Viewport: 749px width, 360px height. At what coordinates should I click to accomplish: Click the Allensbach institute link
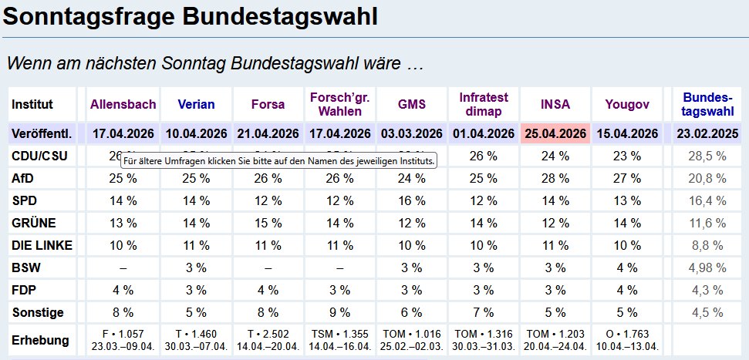[123, 104]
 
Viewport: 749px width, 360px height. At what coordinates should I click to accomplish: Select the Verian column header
[196, 104]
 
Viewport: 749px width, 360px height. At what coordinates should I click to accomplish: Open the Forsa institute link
[268, 104]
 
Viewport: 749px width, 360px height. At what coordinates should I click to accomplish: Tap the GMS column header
[412, 104]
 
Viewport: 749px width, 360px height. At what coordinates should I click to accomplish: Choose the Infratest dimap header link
[484, 104]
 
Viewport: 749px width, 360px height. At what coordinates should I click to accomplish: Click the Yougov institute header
[627, 104]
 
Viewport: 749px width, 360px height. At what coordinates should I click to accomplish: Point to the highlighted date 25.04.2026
[555, 133]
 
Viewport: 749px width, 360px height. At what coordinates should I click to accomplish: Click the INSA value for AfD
[555, 178]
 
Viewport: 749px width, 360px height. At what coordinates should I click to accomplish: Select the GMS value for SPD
[412, 200]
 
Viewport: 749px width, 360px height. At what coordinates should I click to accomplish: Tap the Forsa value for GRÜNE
[268, 223]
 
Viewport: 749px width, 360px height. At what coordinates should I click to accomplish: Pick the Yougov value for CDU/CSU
[627, 156]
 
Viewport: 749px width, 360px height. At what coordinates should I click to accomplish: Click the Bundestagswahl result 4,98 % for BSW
[708, 268]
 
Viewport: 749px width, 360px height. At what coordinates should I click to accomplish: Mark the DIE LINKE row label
[42, 245]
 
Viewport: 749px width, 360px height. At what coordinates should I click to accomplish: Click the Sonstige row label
[38, 313]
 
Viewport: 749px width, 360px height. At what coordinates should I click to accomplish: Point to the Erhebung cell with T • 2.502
[268, 340]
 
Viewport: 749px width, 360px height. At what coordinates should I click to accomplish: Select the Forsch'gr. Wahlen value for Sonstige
[340, 313]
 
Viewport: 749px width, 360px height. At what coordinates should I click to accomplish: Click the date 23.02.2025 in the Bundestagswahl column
[708, 133]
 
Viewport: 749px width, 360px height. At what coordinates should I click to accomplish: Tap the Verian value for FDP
[196, 291]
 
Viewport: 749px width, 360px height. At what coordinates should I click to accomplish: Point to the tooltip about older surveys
[278, 161]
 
